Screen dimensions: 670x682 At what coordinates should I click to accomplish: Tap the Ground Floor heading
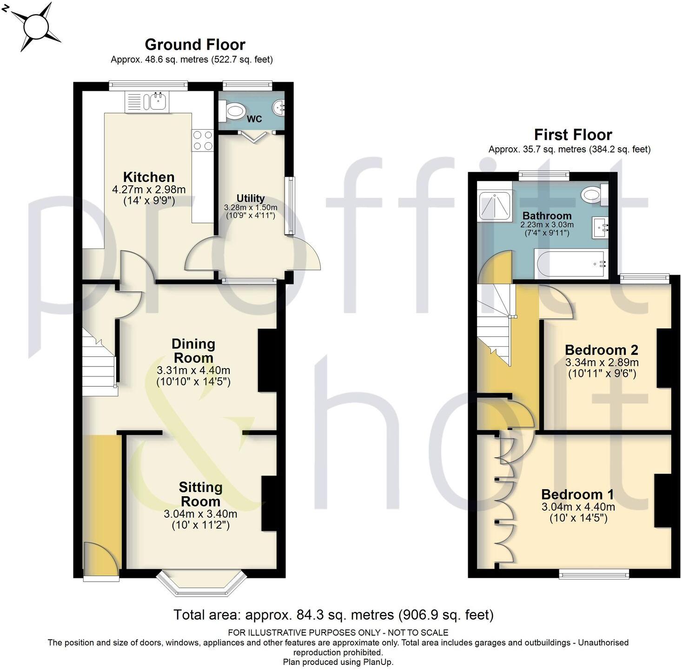195,45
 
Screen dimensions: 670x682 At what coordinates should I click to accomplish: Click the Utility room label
250,198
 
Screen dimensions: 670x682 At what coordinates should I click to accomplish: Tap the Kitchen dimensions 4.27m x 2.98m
149,190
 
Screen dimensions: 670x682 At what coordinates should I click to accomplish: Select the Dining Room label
193,351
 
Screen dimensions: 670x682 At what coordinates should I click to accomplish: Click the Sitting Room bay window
201,583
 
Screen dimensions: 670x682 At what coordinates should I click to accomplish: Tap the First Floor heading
573,135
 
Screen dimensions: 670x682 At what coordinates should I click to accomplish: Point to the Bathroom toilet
593,194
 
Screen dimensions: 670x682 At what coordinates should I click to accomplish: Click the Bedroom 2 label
601,350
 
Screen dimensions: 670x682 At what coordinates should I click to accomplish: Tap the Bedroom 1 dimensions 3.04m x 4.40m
578,507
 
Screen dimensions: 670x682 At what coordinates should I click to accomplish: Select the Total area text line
333,615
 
